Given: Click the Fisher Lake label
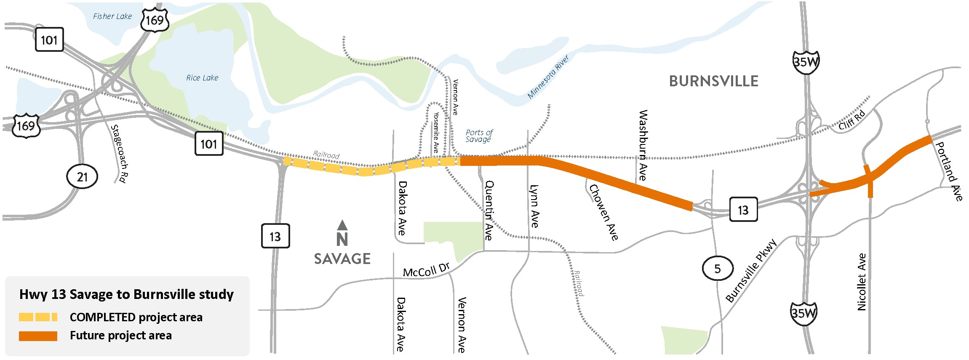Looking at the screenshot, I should point(112,16).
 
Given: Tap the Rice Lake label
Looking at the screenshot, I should point(202,78).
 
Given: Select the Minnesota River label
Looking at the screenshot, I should point(548,77).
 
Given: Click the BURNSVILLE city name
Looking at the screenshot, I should point(713,81).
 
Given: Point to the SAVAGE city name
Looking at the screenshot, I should point(342,259).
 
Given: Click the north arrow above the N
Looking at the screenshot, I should point(342,225).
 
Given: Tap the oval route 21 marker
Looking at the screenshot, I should point(82,176).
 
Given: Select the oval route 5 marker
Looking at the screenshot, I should point(718,268).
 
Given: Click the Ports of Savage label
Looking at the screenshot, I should point(479,136).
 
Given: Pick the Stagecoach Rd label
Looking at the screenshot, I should point(119,154).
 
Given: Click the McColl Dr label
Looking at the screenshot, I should point(426,270).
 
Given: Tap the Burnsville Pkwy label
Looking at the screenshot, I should point(751,271).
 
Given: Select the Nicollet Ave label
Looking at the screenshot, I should point(862,282).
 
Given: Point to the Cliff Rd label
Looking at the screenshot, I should point(852,120).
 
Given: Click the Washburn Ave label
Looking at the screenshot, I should point(642,145).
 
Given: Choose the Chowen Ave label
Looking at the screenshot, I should point(603,212).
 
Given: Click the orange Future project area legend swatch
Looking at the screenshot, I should point(38,336).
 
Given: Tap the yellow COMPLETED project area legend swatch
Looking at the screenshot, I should point(38,317).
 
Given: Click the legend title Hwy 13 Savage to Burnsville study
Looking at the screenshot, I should point(126,294).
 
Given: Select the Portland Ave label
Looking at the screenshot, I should point(948,171).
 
